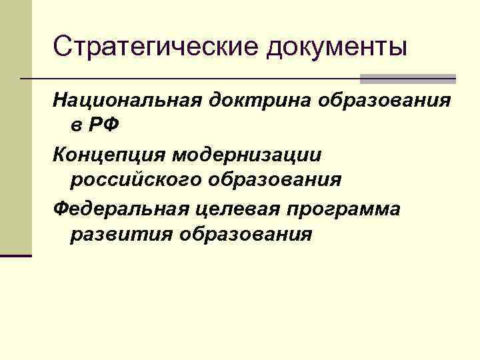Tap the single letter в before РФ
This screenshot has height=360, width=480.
(75, 125)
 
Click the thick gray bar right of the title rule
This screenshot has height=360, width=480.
(407, 79)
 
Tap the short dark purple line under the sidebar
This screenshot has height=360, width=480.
(16, 255)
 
